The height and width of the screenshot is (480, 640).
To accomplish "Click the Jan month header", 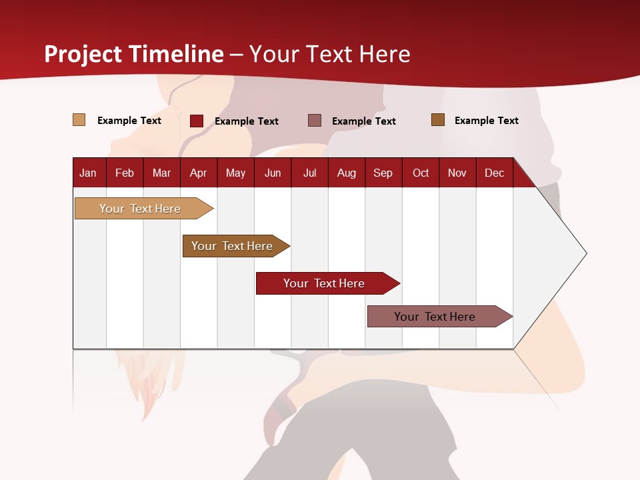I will click(89, 173).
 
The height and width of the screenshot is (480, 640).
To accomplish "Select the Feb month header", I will click(125, 173).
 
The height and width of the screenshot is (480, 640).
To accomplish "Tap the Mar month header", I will click(161, 173).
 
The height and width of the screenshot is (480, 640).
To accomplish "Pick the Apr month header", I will click(199, 173).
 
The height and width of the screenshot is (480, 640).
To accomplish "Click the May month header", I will click(235, 173).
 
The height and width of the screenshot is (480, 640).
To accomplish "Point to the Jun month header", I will click(273, 173).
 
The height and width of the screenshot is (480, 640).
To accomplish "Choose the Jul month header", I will click(309, 173).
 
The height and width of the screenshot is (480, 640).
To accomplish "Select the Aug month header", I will click(347, 173).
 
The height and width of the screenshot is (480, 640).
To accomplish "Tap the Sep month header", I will click(383, 173).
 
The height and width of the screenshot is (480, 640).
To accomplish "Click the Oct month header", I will click(421, 173).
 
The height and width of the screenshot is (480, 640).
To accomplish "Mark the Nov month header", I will click(457, 173).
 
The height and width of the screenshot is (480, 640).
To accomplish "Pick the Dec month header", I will click(495, 173).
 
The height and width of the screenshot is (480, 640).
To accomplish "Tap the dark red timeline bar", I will click(325, 283).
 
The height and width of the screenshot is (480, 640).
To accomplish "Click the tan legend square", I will click(79, 120).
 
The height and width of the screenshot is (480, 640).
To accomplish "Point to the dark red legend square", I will click(197, 121).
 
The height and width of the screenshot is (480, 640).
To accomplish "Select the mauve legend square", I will click(315, 120).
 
